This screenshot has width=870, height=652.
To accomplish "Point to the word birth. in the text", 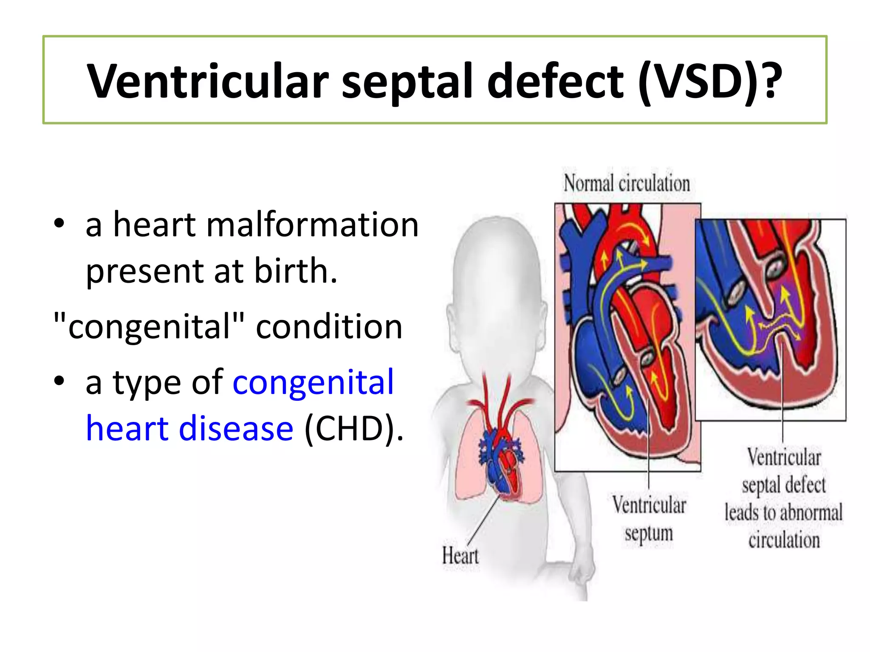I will pos(296,271).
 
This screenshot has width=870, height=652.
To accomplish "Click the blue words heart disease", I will pos(189,428).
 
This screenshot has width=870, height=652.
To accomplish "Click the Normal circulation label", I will pos(627,184).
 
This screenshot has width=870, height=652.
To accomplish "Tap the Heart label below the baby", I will pos(460,556).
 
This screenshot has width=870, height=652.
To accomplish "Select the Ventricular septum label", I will pos(649,519).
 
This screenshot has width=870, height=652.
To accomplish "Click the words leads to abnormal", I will pos(783,512).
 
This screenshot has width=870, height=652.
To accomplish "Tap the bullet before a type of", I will pos(59,381).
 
